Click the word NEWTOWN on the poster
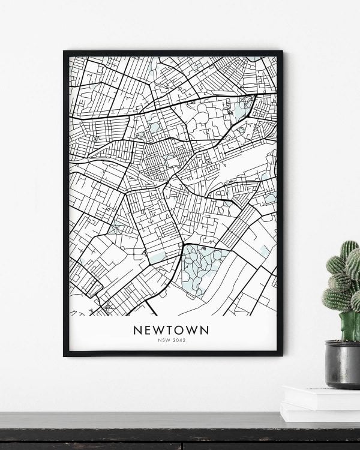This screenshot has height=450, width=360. click(x=172, y=330)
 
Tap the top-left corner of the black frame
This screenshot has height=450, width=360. click(x=65, y=52)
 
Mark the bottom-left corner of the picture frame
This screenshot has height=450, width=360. click(x=65, y=355)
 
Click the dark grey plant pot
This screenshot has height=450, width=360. click(x=343, y=366)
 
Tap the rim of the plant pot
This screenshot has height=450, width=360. click(x=343, y=344)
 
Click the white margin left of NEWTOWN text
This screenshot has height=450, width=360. click(x=96, y=331)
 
